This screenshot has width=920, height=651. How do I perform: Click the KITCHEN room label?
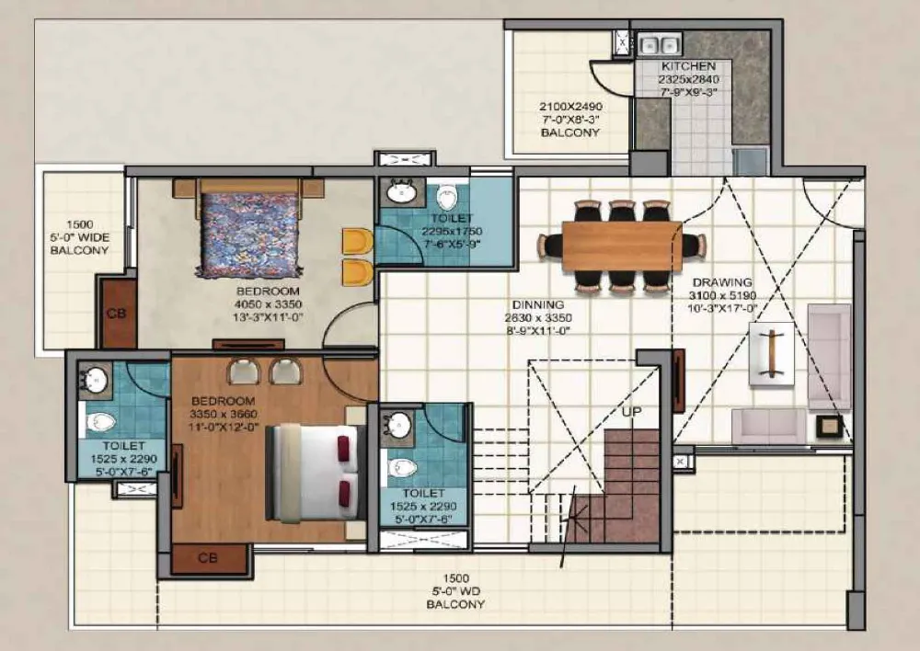click(688, 66)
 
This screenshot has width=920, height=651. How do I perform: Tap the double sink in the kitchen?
click(660, 44)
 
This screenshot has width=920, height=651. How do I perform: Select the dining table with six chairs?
click(622, 246)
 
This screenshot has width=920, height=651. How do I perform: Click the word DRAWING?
click(722, 282)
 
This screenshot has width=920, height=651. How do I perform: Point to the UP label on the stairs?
click(631, 412)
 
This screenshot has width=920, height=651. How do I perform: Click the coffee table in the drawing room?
click(772, 354)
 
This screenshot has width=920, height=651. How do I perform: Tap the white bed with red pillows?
click(313, 472)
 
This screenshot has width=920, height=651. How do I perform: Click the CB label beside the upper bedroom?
click(116, 314)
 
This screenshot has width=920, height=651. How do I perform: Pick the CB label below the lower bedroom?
click(208, 558)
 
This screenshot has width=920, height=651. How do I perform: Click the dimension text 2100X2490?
click(571, 107)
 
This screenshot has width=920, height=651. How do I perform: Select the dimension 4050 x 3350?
click(268, 304)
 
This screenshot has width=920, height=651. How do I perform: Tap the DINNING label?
click(538, 305)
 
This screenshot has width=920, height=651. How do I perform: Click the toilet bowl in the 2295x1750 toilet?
click(448, 196)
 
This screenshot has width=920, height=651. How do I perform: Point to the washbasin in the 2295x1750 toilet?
click(402, 191)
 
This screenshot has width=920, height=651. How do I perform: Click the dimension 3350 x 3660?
click(223, 414)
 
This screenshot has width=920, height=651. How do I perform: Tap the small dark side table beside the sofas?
click(830, 427)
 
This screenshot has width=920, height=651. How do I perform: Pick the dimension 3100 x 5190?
click(722, 295)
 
